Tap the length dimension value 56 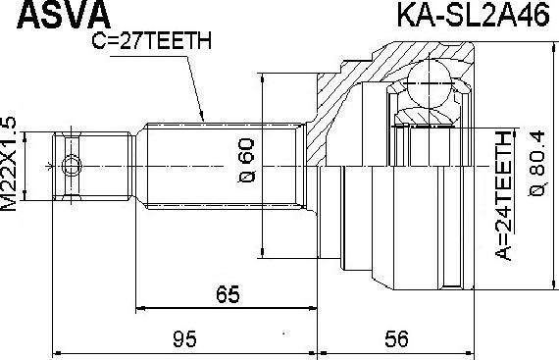[x=396, y=338]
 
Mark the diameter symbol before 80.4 [x=536, y=192]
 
